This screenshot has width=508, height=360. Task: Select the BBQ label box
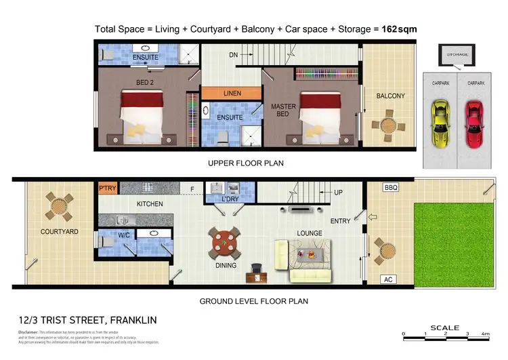pyautogui.click(x=390, y=187)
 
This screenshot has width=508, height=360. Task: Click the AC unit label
pyautogui.click(x=389, y=279)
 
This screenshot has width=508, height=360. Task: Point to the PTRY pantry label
pyautogui.click(x=108, y=188)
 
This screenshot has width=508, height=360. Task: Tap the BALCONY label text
pyautogui.click(x=390, y=96)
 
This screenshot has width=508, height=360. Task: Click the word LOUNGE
pyautogui.click(x=308, y=233)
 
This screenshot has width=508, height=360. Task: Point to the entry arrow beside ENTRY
pyautogui.click(x=371, y=218)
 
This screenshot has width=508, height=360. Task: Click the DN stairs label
pyautogui.click(x=234, y=55)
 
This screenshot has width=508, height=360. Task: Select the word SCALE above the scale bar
pyautogui.click(x=445, y=327)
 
